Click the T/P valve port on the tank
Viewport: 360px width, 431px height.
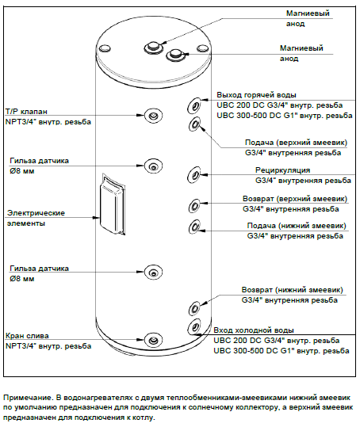[x=154, y=115]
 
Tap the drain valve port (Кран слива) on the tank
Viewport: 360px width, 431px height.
[x=153, y=340]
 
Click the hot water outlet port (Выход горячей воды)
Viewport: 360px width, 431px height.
[x=195, y=105]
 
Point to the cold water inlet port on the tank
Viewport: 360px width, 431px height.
[x=195, y=326]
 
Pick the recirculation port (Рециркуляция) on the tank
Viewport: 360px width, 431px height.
[x=194, y=174]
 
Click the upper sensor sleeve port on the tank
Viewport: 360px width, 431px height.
[x=154, y=166]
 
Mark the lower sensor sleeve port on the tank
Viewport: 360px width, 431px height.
[x=154, y=272]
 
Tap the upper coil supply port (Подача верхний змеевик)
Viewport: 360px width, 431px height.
[x=195, y=124]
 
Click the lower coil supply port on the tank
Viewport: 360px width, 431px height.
[x=195, y=227]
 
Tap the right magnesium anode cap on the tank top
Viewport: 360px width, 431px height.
[x=175, y=55]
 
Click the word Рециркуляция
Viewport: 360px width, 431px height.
[x=283, y=170]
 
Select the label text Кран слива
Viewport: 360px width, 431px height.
[x=27, y=336]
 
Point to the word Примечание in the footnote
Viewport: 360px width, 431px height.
[x=28, y=398]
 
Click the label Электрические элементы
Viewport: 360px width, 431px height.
[x=36, y=218]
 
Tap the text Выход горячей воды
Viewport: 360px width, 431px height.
[x=256, y=95]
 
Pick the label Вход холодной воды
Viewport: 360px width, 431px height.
[x=254, y=330]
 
